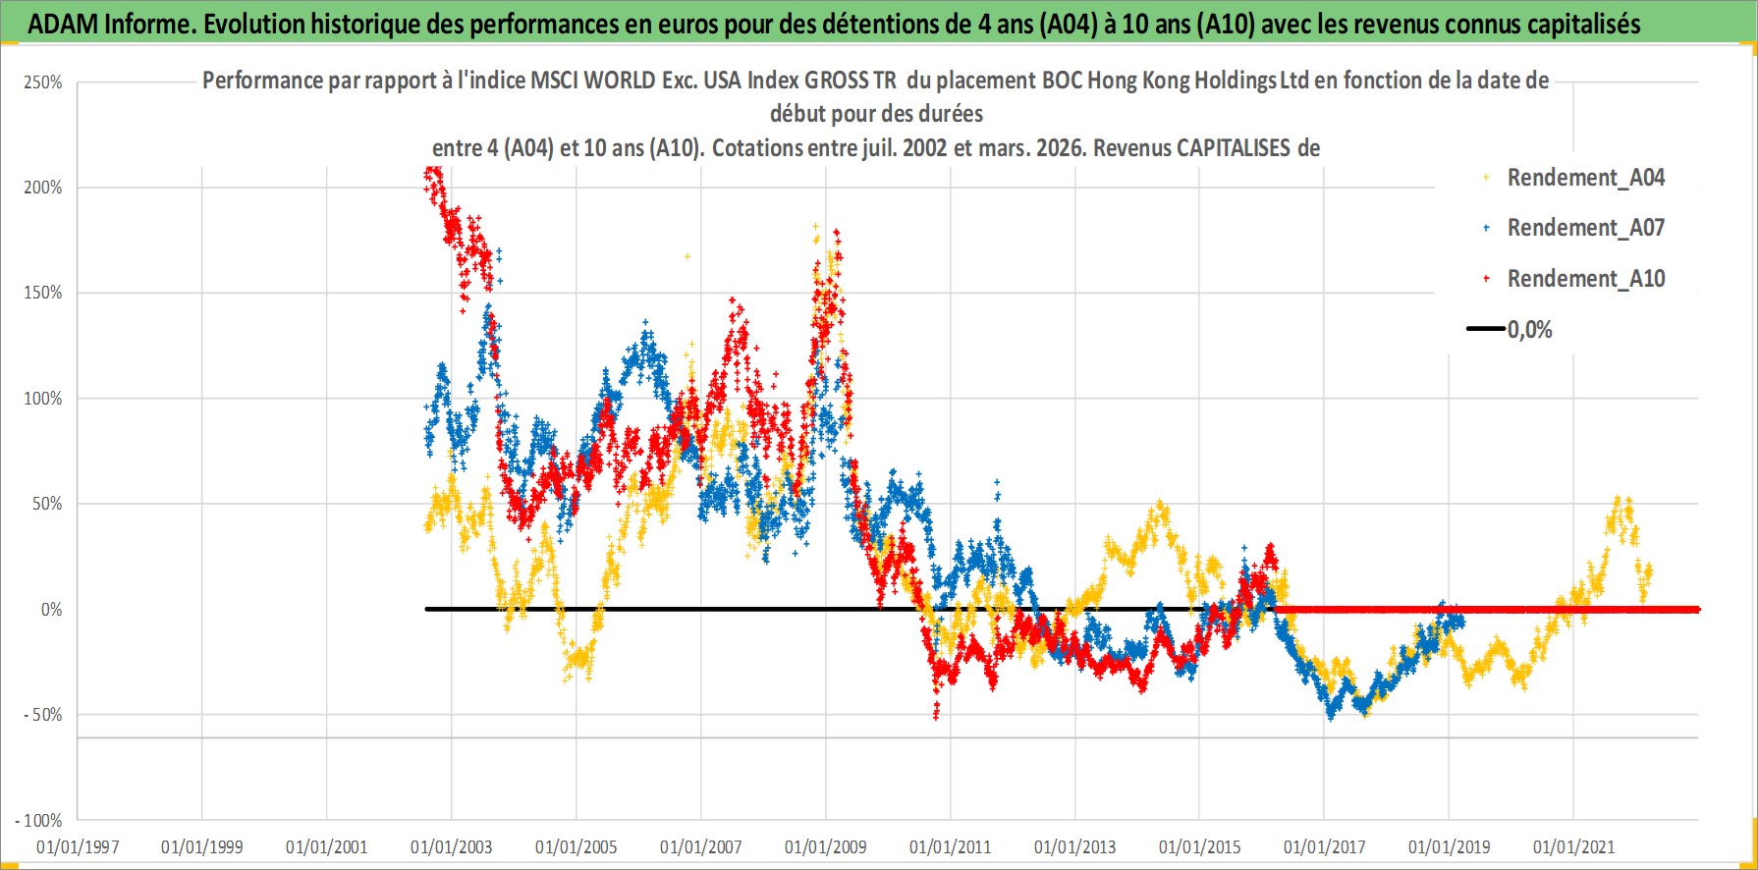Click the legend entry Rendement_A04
pyautogui.click(x=1585, y=178)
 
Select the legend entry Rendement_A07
pyautogui.click(x=1585, y=228)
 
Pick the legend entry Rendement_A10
pyautogui.click(x=1585, y=279)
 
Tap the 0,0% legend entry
pyautogui.click(x=1529, y=330)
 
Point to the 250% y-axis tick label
pyautogui.click(x=43, y=82)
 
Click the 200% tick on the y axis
pyautogui.click(x=43, y=188)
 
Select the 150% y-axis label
pyautogui.click(x=43, y=293)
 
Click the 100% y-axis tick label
pyautogui.click(x=43, y=399)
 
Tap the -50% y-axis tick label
pyautogui.click(x=43, y=715)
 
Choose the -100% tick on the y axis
pyautogui.click(x=39, y=820)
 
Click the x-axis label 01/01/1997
pyautogui.click(x=78, y=846)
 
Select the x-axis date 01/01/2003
pyautogui.click(x=452, y=846)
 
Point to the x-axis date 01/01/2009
pyautogui.click(x=826, y=846)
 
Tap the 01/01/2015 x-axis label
pyautogui.click(x=1200, y=846)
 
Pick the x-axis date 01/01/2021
pyautogui.click(x=1574, y=846)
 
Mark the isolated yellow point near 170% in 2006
pyautogui.click(x=687, y=256)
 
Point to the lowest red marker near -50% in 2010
pyautogui.click(x=935, y=717)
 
